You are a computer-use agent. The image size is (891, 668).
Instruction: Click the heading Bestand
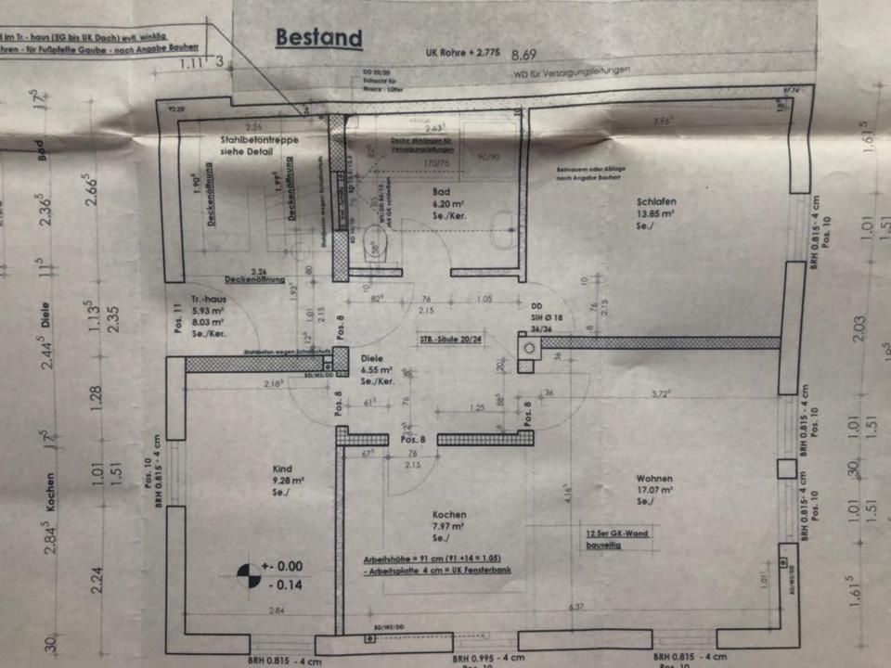318,38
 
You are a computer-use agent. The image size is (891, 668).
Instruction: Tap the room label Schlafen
655,200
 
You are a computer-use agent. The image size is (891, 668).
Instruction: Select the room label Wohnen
654,476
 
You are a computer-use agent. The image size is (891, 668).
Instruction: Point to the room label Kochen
449,514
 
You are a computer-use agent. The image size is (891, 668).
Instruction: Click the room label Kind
282,469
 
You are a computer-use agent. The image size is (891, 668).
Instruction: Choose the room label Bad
441,193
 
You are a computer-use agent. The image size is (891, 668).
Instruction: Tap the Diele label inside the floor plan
372,356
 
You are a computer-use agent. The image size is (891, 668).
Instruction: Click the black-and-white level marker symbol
248,574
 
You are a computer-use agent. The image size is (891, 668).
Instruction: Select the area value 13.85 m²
655,212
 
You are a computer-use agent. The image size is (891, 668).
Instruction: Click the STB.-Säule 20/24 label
450,340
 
